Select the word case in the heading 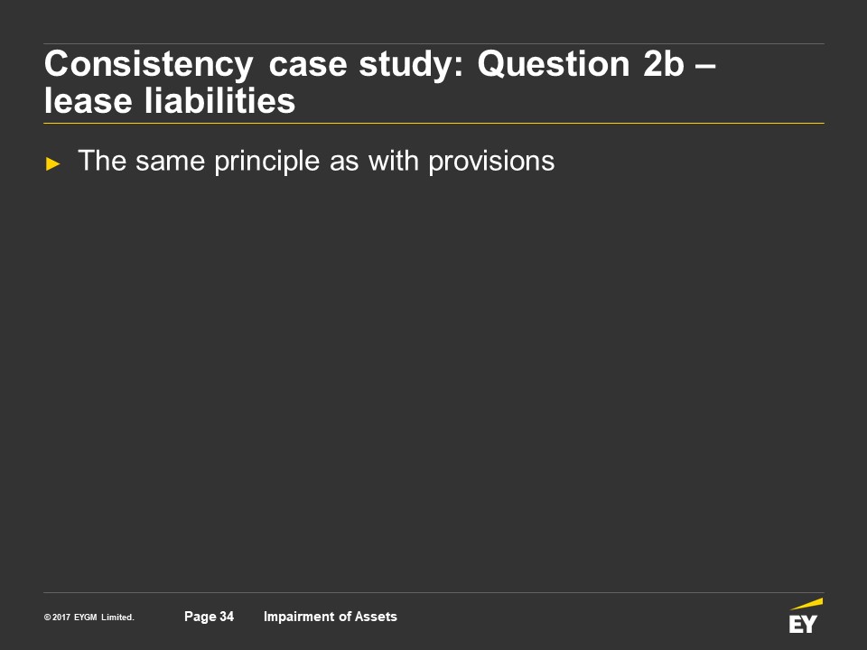point(308,65)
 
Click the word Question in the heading point(554,64)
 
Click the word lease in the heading point(88,101)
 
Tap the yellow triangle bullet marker point(52,163)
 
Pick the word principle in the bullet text point(267,162)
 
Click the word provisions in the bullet point(491,162)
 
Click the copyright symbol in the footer point(48,617)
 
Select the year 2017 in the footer point(61,617)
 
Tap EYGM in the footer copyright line point(86,617)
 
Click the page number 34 point(227,617)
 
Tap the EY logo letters point(803,624)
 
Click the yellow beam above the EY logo point(806,604)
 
